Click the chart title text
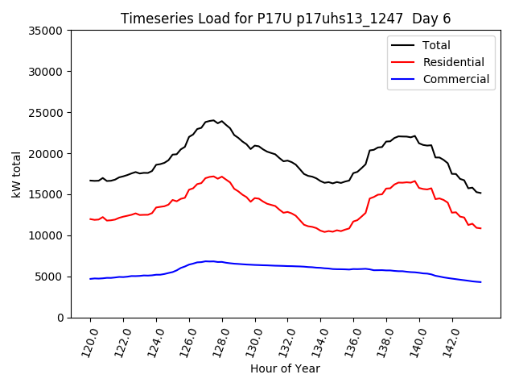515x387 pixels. click(293, 19)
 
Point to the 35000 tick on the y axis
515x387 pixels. click(47, 31)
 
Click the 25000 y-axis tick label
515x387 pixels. click(47, 113)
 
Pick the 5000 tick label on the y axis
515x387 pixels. click(50, 277)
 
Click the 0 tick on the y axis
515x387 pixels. click(61, 318)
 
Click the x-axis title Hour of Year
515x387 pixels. click(285, 368)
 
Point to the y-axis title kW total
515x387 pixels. click(16, 174)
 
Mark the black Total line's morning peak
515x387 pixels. click(213, 120)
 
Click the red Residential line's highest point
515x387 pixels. click(213, 176)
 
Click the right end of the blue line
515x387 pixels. click(480, 282)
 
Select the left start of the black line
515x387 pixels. click(90, 181)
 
